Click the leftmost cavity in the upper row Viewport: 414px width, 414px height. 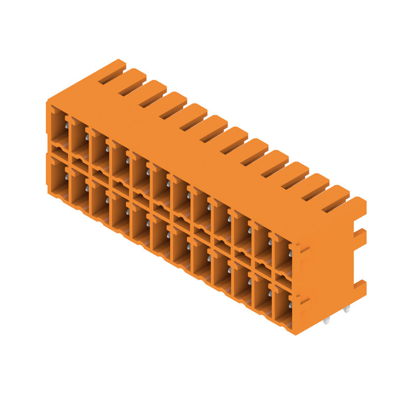58,127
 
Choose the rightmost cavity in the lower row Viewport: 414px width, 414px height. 282,305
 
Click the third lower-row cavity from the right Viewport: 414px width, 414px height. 241,282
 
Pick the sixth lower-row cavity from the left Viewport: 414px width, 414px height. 160,235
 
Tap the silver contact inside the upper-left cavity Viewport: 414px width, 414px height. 67,126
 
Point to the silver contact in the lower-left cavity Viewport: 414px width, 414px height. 67,176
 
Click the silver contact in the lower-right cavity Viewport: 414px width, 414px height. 290,305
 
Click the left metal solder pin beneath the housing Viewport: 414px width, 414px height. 326,321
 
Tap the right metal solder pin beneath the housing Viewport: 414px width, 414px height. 346,308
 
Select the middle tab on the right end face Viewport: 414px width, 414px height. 360,238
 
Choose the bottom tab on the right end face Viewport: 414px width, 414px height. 360,288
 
